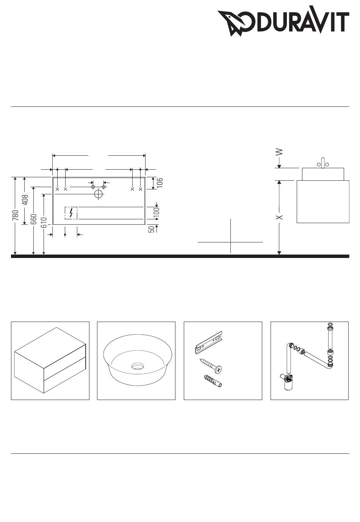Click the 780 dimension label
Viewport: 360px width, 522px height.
[x=16, y=215]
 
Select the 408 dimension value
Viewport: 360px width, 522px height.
[x=25, y=200]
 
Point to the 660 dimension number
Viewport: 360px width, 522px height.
[x=34, y=219]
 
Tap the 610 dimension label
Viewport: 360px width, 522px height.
[x=44, y=222]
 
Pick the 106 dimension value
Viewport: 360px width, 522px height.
[x=160, y=183]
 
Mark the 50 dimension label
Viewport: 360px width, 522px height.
[x=152, y=229]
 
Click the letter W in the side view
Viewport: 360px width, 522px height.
[x=279, y=152]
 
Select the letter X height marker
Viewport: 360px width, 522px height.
[x=279, y=217]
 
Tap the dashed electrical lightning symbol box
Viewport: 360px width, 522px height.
[x=71, y=213]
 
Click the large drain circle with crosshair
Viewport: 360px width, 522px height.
[x=99, y=194]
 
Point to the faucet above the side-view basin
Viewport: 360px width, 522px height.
[x=323, y=163]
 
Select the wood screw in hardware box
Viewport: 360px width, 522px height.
[x=211, y=366]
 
